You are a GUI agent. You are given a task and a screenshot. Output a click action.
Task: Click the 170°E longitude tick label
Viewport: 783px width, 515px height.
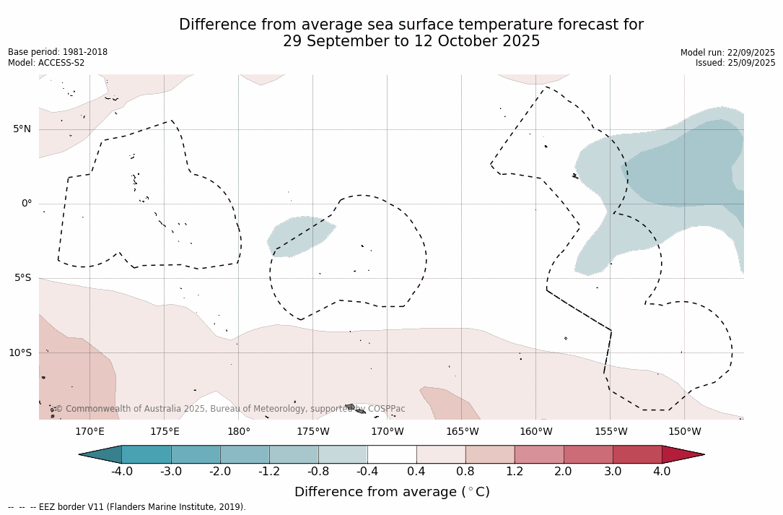(89, 432)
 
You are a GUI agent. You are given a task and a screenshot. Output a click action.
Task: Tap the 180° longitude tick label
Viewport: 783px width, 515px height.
(239, 432)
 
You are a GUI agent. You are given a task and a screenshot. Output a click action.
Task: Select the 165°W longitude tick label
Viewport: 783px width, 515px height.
(462, 432)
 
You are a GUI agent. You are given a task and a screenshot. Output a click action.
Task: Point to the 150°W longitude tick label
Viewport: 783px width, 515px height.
(684, 432)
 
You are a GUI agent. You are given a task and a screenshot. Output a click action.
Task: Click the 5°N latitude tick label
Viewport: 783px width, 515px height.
(22, 129)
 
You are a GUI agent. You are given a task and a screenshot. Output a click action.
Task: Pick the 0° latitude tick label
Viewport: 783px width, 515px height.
(26, 204)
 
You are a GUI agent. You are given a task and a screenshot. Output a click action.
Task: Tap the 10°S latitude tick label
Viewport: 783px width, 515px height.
(19, 353)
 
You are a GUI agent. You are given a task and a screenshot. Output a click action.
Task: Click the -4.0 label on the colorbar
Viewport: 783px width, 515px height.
(121, 472)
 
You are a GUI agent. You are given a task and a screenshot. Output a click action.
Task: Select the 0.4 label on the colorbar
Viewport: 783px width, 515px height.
(416, 472)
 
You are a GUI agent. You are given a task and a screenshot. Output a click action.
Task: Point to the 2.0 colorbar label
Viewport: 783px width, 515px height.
(563, 472)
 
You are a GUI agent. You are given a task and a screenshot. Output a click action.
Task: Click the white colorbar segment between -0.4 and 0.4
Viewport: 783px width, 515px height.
(392, 454)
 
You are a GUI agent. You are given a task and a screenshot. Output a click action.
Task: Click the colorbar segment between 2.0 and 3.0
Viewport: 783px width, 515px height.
(588, 454)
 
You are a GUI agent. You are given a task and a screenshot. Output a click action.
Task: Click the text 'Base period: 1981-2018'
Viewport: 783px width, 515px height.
(58, 52)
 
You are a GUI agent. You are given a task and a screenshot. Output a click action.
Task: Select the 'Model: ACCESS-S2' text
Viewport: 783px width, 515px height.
(46, 63)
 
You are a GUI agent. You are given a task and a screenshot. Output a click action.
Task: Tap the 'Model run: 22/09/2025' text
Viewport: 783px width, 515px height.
(727, 53)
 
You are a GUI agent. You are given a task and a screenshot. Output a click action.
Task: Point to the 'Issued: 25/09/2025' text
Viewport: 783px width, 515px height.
(735, 63)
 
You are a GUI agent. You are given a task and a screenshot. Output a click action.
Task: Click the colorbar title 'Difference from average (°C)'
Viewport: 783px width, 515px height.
(392, 492)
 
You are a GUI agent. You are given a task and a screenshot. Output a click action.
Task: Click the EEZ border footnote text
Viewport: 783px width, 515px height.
(127, 507)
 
